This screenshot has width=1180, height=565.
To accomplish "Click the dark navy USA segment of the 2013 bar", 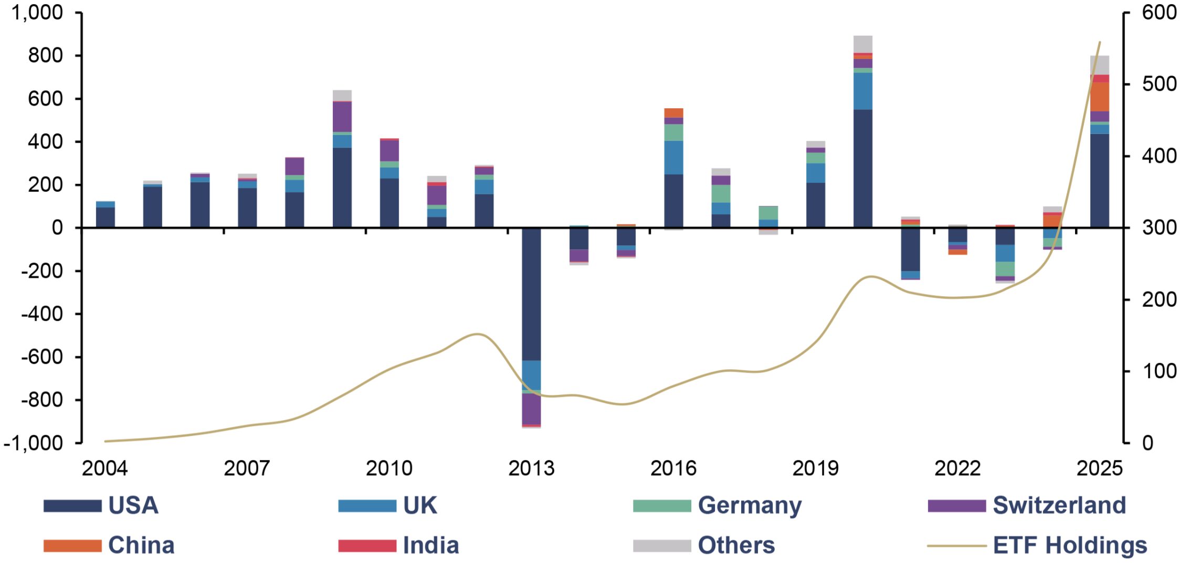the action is point(531,294).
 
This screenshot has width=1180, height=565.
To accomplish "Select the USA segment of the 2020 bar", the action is point(863,169).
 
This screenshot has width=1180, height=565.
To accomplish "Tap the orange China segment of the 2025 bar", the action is point(1100,97).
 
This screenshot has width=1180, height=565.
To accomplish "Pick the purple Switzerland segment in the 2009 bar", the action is point(342,117).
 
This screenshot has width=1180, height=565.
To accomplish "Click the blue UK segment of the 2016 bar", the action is point(673,158).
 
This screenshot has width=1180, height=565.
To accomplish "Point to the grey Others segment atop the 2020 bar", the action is point(863,44).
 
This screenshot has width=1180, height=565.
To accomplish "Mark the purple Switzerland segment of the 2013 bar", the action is point(531,409).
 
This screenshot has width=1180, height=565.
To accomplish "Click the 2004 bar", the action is point(106,214).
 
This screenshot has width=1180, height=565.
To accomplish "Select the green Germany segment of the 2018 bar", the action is point(768,213).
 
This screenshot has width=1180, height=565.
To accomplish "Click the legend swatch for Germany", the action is point(662,506).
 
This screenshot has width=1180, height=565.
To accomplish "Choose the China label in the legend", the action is point(141,545).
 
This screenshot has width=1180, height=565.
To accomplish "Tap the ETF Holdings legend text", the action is point(1070,545).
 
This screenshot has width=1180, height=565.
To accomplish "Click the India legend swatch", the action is point(367,546).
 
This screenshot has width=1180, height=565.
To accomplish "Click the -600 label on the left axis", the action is point(42,357).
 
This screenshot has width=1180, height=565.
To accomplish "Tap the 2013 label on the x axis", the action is point(531,468).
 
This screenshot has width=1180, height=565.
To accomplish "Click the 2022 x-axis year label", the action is point(957,468).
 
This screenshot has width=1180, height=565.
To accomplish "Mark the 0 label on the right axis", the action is point(1148,443).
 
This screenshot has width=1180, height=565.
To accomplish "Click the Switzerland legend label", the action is point(1059,505).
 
